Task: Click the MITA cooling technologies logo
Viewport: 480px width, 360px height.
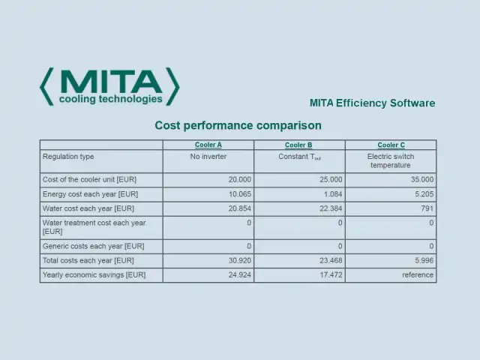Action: pos(109,86)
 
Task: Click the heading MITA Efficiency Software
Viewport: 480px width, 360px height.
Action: pos(372,103)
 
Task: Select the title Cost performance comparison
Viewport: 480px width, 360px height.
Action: pos(238,125)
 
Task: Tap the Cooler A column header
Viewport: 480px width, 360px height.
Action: pos(208,145)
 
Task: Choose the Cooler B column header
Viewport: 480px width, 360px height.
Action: pos(299,145)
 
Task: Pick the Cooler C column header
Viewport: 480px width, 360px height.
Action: pos(391,145)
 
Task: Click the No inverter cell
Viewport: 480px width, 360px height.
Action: pos(208,157)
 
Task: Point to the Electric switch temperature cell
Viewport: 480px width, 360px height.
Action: pos(391,160)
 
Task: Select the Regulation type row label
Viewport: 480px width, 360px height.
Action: pos(68,157)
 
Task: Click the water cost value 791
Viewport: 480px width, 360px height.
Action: pos(427,208)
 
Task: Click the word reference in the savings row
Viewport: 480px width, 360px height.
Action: pos(418,275)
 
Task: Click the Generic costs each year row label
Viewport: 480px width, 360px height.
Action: pos(93,246)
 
